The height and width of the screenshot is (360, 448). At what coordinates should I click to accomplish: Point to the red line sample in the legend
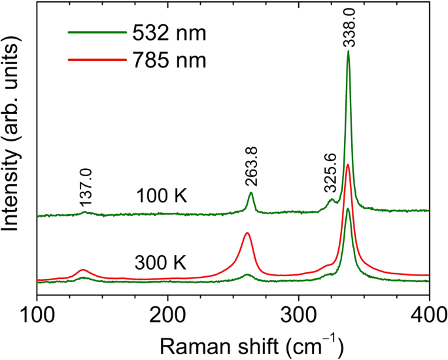point(95,61)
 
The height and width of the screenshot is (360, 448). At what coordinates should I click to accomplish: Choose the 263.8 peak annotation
point(250,168)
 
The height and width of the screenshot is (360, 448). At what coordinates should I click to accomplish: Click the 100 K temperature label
point(162,196)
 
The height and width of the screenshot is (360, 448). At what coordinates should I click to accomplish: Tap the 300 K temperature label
point(161,263)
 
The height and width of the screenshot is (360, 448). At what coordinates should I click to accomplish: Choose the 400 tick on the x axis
point(428,311)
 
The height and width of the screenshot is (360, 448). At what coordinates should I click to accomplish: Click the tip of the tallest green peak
point(349,52)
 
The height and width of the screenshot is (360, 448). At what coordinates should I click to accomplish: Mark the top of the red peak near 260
point(247,232)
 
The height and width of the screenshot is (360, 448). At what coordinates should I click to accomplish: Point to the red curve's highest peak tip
point(348,164)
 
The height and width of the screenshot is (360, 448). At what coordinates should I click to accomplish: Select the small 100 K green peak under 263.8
point(250,193)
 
